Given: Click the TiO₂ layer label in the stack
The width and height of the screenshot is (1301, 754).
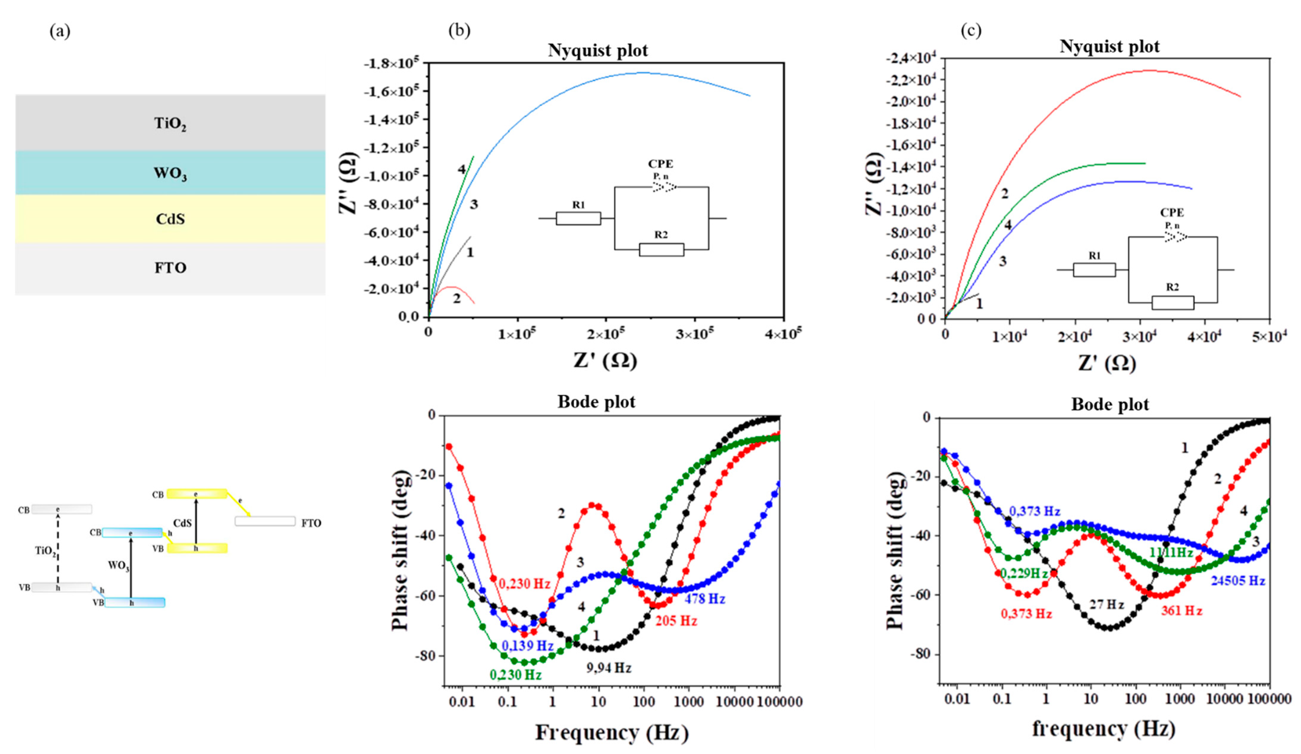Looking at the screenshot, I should [x=170, y=124].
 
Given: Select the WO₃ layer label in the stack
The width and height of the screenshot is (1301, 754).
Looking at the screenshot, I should [x=170, y=173].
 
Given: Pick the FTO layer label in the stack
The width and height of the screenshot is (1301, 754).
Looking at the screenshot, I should [x=170, y=268].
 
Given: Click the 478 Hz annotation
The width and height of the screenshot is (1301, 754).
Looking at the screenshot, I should [x=705, y=599].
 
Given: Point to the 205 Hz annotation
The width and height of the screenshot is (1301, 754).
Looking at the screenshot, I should [x=676, y=621].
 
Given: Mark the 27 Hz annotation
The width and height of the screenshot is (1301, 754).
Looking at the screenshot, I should [x=1106, y=604].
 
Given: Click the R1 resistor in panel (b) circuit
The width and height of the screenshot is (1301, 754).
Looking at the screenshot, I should [x=578, y=218].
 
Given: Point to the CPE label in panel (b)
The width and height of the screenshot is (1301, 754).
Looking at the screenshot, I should [x=660, y=164].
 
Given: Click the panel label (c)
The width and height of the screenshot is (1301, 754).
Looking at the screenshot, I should [x=971, y=31].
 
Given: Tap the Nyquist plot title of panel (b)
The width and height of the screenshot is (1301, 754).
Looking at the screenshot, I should [x=597, y=50].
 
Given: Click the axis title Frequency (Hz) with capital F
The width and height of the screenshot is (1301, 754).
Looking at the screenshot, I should [x=611, y=732].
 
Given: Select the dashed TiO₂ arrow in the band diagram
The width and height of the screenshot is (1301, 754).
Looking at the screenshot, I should [x=58, y=548].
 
